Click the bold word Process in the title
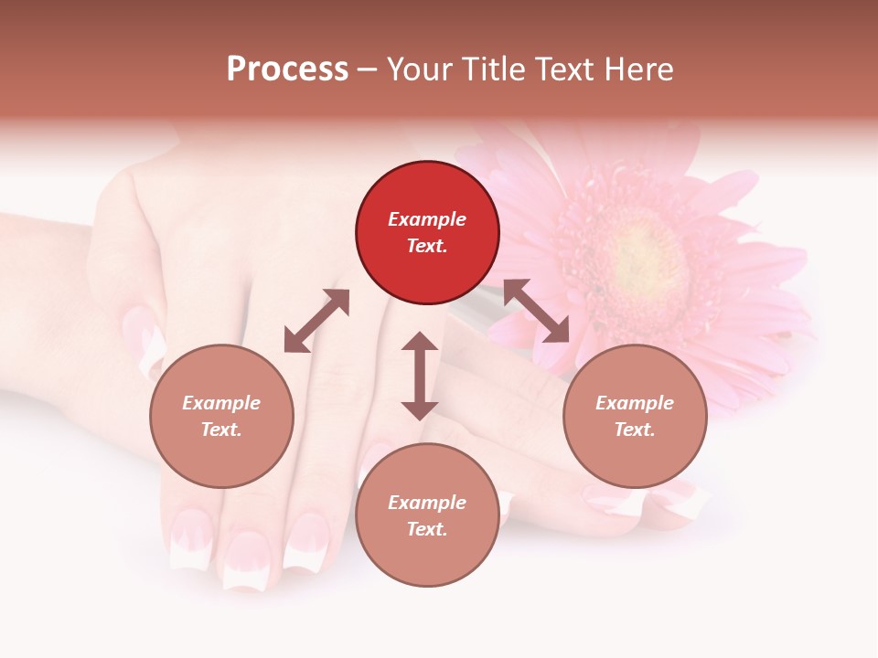pyautogui.click(x=287, y=69)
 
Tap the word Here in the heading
pyautogui.click(x=639, y=69)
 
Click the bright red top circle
pyautogui.click(x=427, y=232)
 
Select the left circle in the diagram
pyautogui.click(x=221, y=416)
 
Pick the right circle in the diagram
pyautogui.click(x=635, y=416)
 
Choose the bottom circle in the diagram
pyautogui.click(x=427, y=515)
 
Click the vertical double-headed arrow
pyautogui.click(x=420, y=376)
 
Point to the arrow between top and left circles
pyautogui.click(x=316, y=321)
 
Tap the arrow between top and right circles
pyautogui.click(x=536, y=311)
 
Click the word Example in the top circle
pyautogui.click(x=427, y=219)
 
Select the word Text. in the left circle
pyautogui.click(x=221, y=430)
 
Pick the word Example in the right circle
pyautogui.click(x=635, y=403)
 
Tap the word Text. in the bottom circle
pyautogui.click(x=427, y=529)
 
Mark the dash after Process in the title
pyautogui.click(x=368, y=69)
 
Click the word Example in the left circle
pyautogui.click(x=221, y=403)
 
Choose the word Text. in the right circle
pyautogui.click(x=635, y=430)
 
